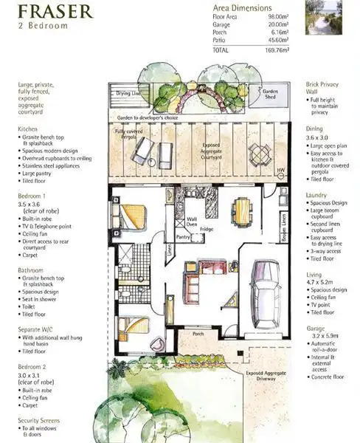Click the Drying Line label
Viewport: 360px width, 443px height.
tap(130, 94)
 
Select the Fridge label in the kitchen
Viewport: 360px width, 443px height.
tap(206, 230)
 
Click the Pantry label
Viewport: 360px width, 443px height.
tap(184, 237)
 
